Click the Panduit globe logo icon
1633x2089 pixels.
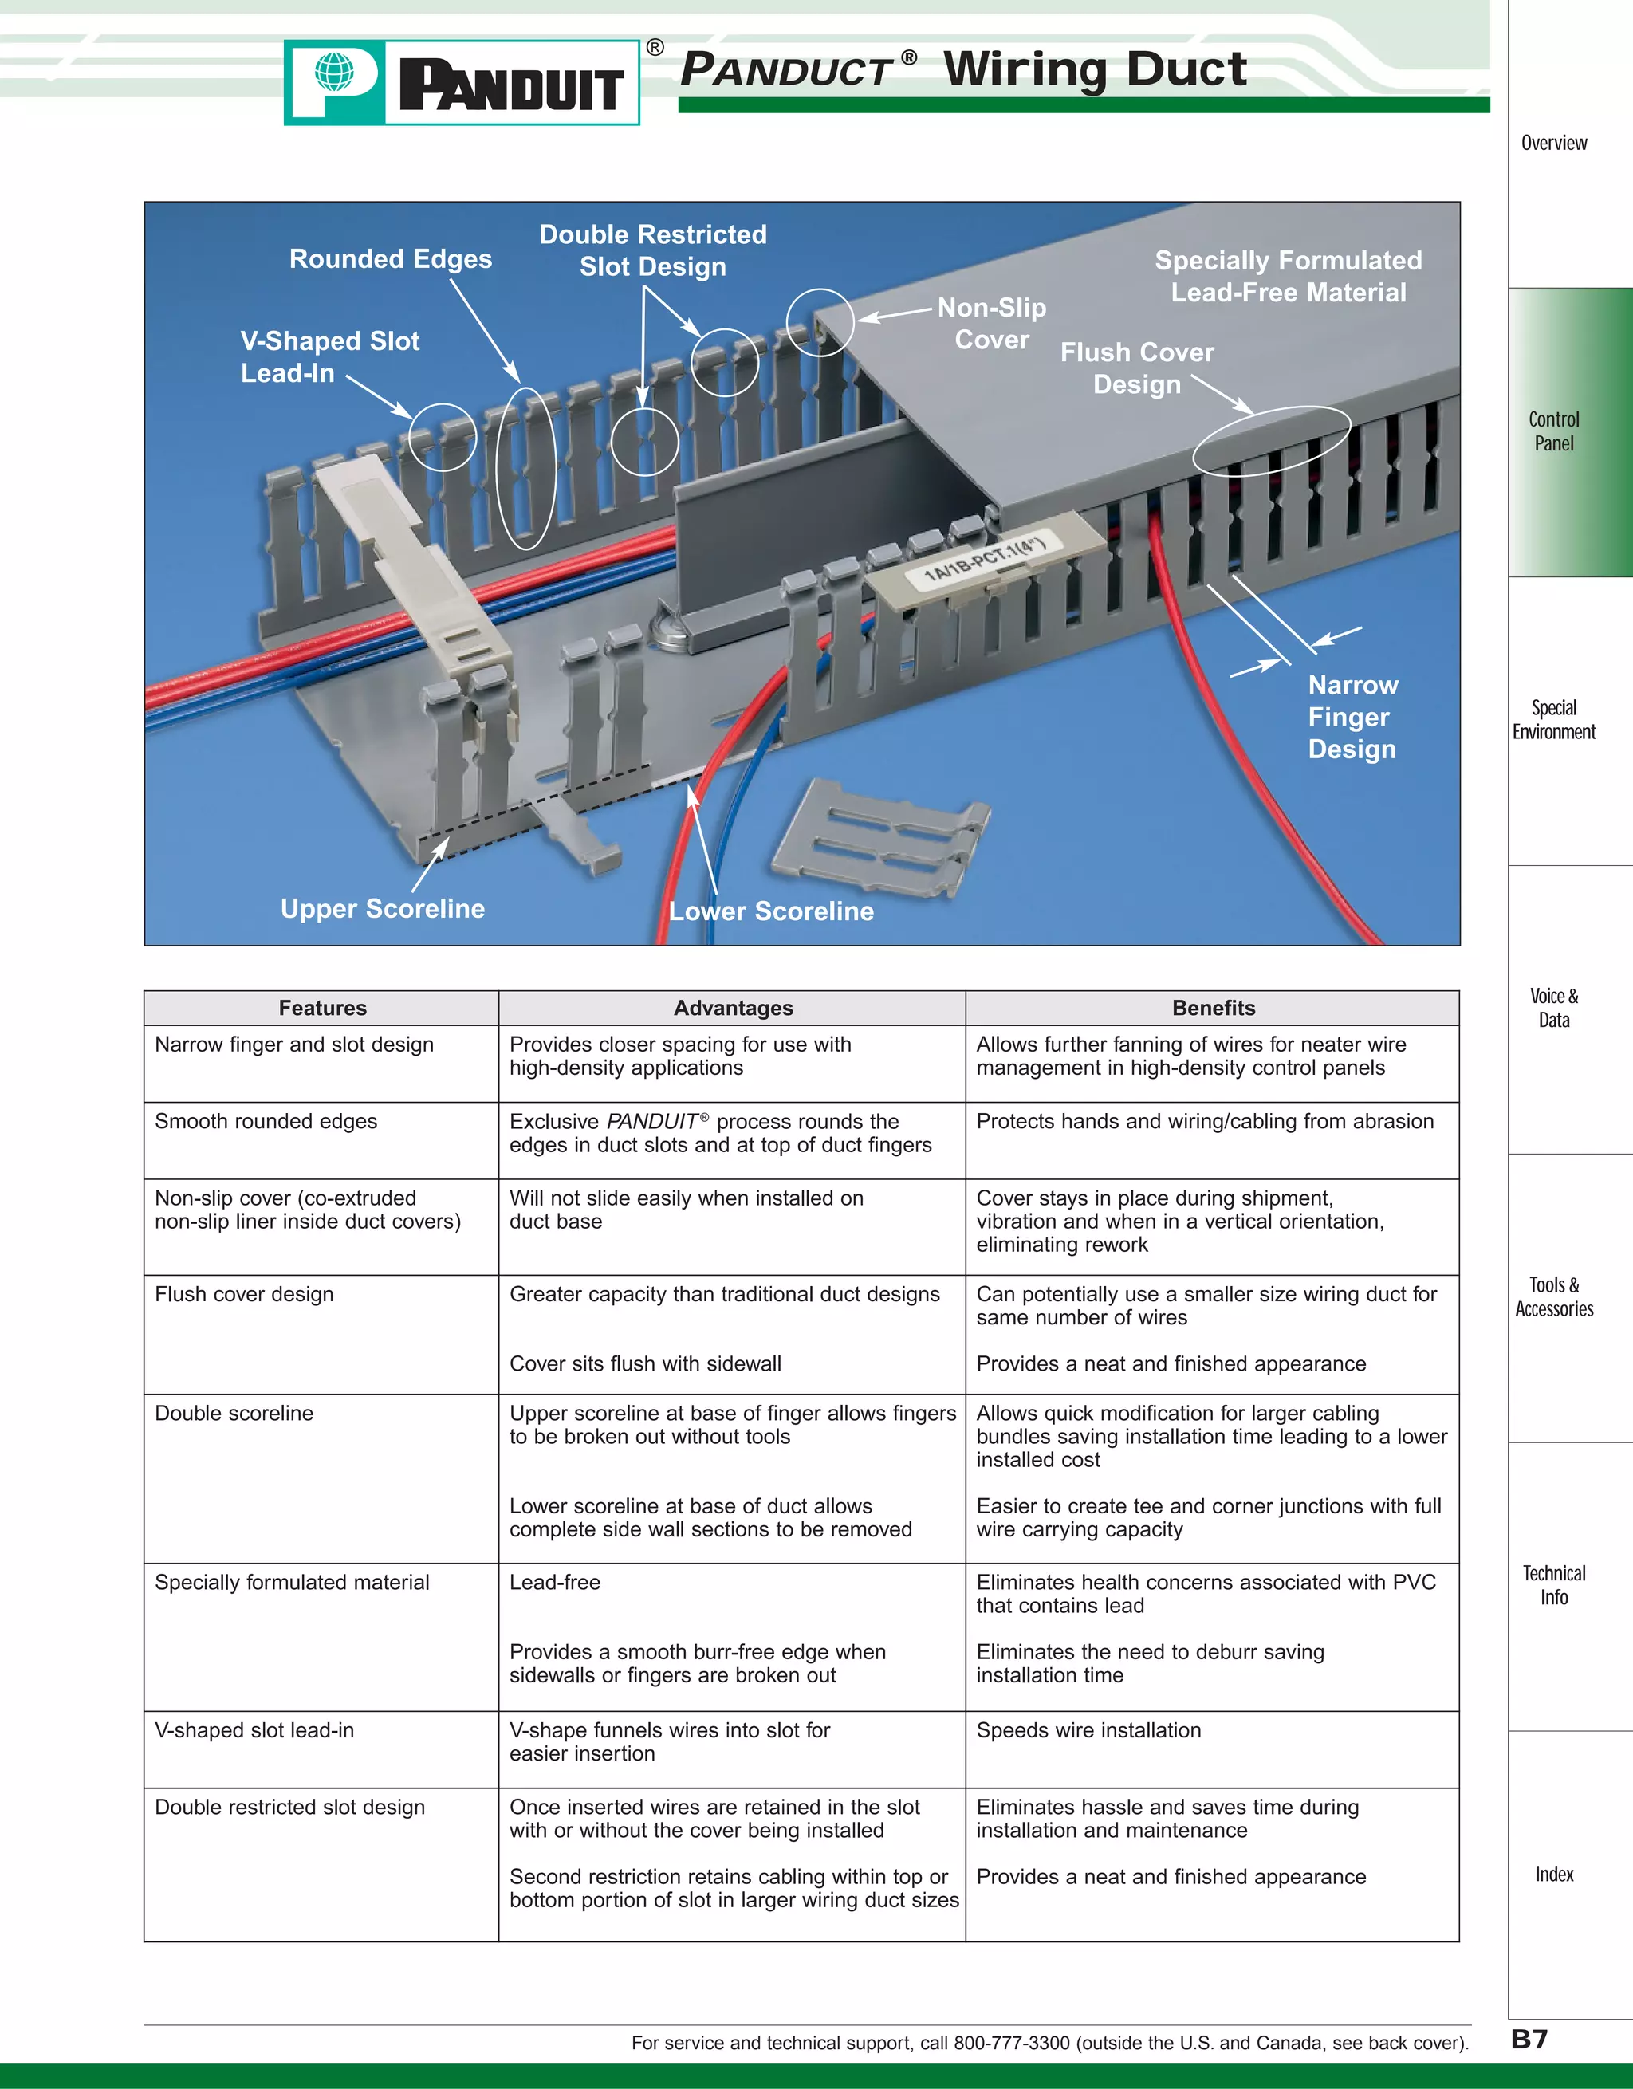click(334, 73)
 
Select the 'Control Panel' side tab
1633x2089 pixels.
click(1553, 431)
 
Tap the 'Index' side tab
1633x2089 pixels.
click(1553, 1874)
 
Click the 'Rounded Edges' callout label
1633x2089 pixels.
click(391, 259)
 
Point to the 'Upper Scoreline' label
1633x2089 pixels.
click(383, 909)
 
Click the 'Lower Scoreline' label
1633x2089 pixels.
click(771, 911)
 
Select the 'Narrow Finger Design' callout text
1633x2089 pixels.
click(1352, 718)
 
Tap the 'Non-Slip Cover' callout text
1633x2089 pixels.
click(991, 323)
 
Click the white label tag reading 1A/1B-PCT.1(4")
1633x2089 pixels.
click(986, 562)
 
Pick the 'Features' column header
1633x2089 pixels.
click(322, 1008)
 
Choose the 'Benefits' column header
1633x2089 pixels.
click(1213, 1008)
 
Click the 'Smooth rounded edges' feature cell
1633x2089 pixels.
click(266, 1121)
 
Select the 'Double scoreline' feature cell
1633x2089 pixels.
click(234, 1413)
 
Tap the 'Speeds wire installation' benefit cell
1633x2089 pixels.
click(1088, 1730)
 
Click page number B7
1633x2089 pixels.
click(1529, 2040)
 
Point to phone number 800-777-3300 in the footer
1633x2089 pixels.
click(1011, 2043)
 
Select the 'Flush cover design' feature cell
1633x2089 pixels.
click(245, 1294)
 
